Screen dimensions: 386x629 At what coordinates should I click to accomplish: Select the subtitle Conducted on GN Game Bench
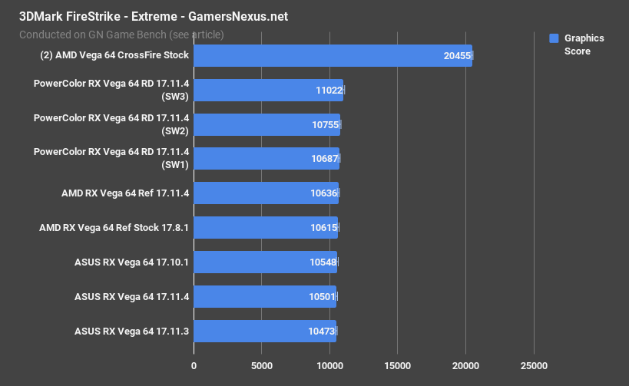click(121, 34)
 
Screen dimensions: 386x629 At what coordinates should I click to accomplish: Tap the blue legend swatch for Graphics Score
click(553, 38)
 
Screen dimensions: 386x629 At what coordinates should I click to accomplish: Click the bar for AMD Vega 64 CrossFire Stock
click(333, 55)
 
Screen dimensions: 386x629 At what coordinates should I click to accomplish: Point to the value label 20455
click(457, 55)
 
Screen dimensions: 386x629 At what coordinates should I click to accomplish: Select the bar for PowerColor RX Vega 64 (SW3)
click(268, 90)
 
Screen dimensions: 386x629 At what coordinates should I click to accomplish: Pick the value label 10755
click(325, 124)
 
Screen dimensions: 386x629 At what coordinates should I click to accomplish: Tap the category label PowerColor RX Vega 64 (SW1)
click(111, 158)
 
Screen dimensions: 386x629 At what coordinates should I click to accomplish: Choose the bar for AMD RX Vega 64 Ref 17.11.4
click(266, 193)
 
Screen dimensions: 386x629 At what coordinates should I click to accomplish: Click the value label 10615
click(323, 228)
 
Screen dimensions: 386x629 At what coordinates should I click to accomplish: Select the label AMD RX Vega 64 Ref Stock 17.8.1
click(114, 228)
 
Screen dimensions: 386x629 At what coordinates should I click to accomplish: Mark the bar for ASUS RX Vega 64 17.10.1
click(265, 262)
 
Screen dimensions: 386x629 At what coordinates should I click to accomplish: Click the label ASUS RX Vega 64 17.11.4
click(131, 296)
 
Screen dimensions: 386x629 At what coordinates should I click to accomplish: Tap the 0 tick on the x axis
click(194, 365)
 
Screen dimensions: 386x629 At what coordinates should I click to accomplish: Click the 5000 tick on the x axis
click(261, 365)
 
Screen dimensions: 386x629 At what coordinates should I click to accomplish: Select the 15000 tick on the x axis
click(397, 365)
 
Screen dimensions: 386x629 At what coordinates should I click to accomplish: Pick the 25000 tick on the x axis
click(533, 365)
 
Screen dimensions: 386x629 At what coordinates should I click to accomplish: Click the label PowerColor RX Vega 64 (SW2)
click(111, 124)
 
